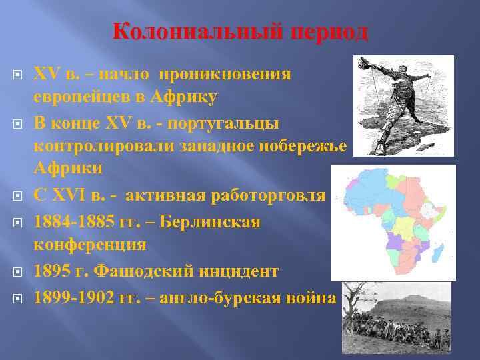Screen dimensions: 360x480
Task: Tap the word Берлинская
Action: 215,221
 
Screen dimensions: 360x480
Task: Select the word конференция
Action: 90,245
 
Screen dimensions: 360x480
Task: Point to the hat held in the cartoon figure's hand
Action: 365,63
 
